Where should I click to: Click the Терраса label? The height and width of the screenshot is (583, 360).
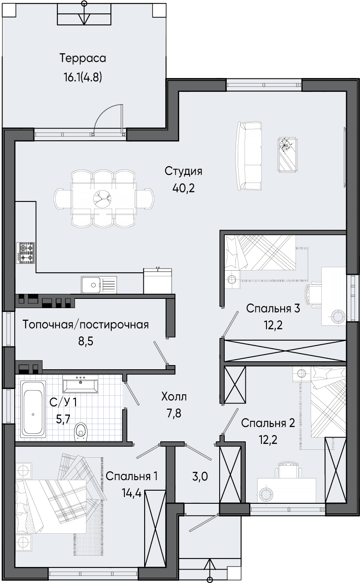pyautogui.click(x=83, y=58)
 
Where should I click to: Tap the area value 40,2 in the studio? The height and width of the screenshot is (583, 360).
pyautogui.click(x=183, y=188)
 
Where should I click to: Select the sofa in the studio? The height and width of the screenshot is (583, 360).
pyautogui.click(x=249, y=156)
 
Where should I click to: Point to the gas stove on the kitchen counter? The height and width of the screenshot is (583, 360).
pyautogui.click(x=26, y=253)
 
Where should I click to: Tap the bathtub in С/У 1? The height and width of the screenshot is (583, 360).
pyautogui.click(x=33, y=414)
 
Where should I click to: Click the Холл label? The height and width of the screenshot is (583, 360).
pyautogui.click(x=174, y=397)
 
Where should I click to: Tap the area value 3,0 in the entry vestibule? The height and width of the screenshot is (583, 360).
pyautogui.click(x=200, y=476)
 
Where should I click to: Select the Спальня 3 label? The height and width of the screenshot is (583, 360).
pyautogui.click(x=273, y=309)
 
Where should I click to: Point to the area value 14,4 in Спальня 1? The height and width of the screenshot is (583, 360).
pyautogui.click(x=132, y=493)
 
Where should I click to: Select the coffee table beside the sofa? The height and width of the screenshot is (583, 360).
pyautogui.click(x=287, y=155)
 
